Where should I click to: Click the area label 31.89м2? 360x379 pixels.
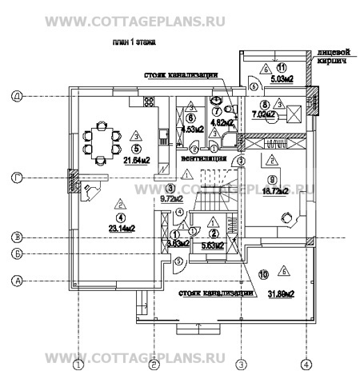tap(280, 293)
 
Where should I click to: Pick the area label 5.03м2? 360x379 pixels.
tap(282, 80)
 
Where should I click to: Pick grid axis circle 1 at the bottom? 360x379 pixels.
tap(78, 366)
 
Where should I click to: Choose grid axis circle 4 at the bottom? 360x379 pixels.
tap(304, 366)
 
